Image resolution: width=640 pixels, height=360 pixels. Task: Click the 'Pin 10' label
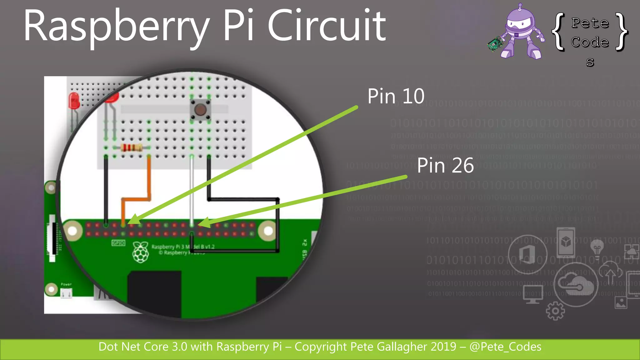click(x=396, y=96)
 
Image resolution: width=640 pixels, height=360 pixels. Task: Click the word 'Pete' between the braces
click(x=590, y=23)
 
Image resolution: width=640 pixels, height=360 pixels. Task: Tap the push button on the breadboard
click(x=200, y=109)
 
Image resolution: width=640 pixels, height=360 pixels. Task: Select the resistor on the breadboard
click(x=132, y=147)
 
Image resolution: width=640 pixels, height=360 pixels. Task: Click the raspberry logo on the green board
click(x=141, y=252)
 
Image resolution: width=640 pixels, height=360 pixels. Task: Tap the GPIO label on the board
click(x=118, y=243)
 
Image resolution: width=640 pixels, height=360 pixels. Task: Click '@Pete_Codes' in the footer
click(x=505, y=347)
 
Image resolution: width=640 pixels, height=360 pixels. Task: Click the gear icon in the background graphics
click(x=555, y=311)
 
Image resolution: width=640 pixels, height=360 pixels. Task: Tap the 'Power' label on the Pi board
click(x=66, y=284)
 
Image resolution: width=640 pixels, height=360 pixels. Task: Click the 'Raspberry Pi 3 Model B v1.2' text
click(x=183, y=247)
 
